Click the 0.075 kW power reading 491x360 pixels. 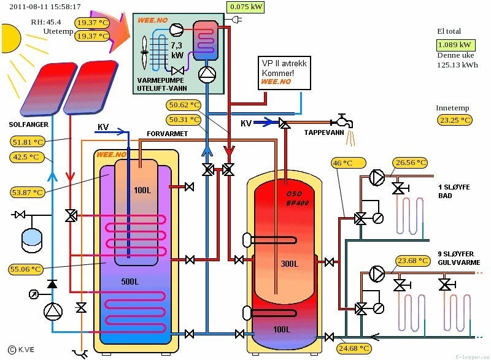pos(245,7)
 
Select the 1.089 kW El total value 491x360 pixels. pos(454,45)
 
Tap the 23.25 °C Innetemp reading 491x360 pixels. pos(454,120)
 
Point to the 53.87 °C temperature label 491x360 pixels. pos(28,193)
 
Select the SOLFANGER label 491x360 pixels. pos(25,124)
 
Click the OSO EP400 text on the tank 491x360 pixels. pos(298,198)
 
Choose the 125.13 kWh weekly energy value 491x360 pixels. pos(457,64)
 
